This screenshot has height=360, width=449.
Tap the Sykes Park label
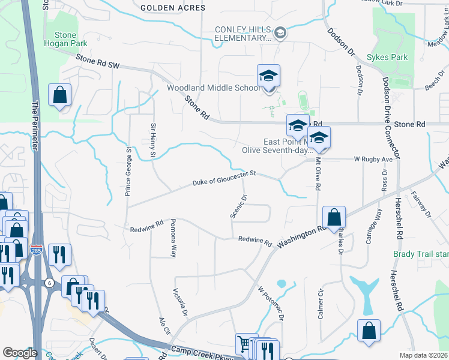coord(388,58)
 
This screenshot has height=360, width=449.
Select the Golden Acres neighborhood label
coord(172,8)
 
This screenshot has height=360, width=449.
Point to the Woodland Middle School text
coord(214,88)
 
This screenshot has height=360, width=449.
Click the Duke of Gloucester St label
coord(224,178)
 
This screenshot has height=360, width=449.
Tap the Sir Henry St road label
coord(153,142)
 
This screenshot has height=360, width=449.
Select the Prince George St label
coord(128,170)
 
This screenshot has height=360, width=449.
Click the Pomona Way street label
coord(173,238)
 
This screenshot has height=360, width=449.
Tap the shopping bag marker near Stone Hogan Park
coord(60,95)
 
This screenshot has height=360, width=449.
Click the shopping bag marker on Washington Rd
coord(334,218)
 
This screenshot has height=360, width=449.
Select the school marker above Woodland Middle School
coord(269,76)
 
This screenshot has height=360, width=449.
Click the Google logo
coord(20,353)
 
